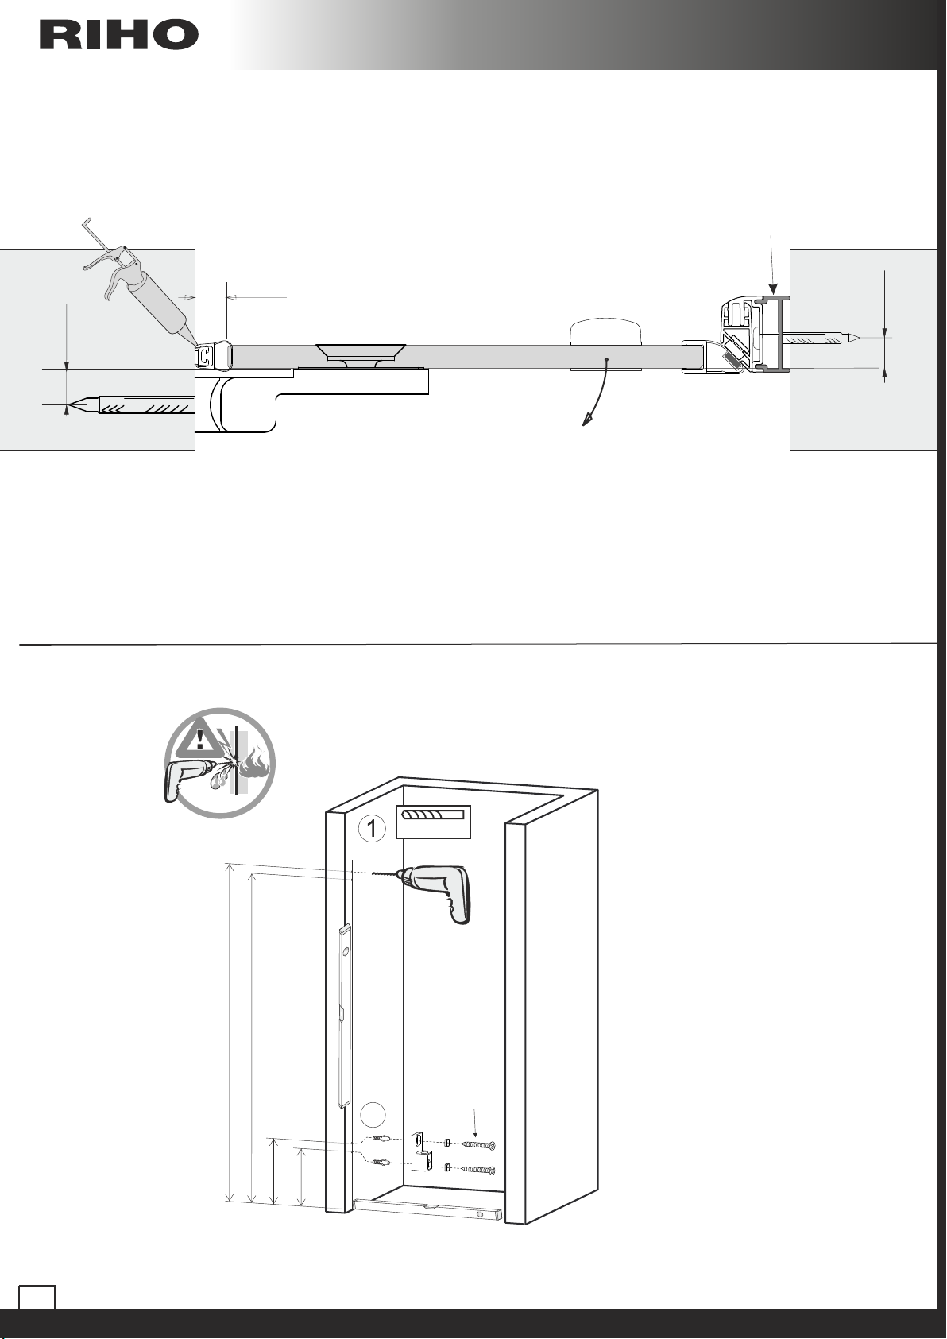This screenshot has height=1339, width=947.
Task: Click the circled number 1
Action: pyautogui.click(x=372, y=829)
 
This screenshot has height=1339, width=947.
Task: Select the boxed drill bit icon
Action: pyautogui.click(x=434, y=822)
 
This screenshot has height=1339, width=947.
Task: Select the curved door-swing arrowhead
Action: pyautogui.click(x=587, y=420)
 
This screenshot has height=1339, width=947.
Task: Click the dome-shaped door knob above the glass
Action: pyautogui.click(x=606, y=334)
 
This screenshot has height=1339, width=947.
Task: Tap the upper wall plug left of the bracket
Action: pyautogui.click(x=381, y=1139)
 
